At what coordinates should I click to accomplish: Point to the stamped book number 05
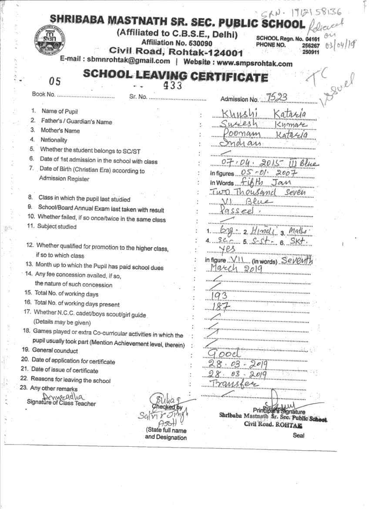(x=55, y=81)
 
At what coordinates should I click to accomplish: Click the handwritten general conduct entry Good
(x=224, y=352)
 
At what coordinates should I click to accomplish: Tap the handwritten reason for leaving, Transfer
(x=234, y=384)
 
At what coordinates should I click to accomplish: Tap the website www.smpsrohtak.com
(x=255, y=64)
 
